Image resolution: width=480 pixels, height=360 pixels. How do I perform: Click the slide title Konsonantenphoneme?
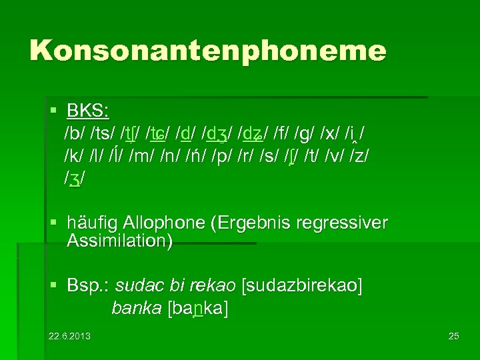[x=207, y=51]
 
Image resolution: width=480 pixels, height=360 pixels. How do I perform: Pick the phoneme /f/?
[x=280, y=133]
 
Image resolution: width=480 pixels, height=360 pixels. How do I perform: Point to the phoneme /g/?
[x=305, y=133]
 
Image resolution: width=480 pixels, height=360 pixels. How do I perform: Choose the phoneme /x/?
[x=330, y=133]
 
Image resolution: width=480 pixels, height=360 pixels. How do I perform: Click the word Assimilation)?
[x=120, y=241]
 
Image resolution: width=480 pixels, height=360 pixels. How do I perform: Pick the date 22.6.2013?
[x=70, y=335]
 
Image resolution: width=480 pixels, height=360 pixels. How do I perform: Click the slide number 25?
[x=453, y=335]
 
